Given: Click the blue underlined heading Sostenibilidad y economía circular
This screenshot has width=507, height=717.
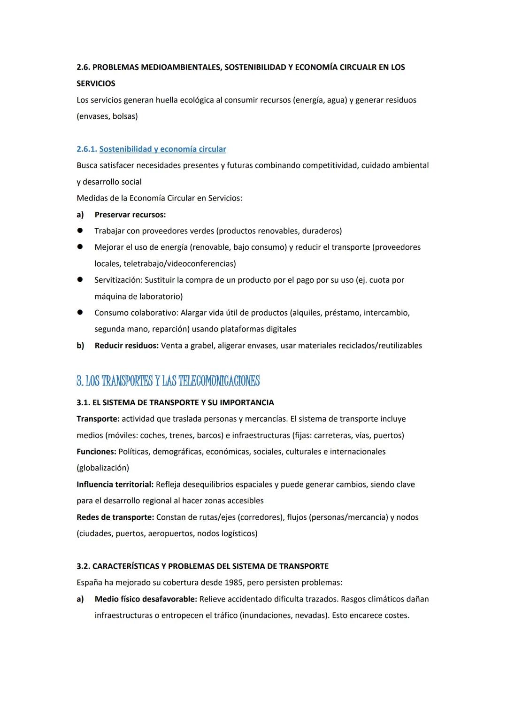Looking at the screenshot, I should pyautogui.click(x=162, y=149).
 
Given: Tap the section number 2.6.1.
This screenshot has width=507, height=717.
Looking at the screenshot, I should pyautogui.click(x=87, y=149).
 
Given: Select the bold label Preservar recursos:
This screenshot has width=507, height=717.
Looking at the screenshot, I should pyautogui.click(x=130, y=215).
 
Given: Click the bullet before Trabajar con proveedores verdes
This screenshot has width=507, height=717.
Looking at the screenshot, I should pyautogui.click(x=80, y=231).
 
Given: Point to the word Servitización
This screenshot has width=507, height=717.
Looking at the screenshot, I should pyautogui.click(x=118, y=280).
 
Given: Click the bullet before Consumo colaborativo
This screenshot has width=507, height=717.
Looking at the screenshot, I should pyautogui.click(x=80, y=312).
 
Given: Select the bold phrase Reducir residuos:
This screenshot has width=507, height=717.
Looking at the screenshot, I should pyautogui.click(x=126, y=346).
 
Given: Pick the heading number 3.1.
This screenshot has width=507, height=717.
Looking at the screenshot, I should pyautogui.click(x=84, y=402).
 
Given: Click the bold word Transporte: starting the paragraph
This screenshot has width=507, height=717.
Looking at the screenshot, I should pyautogui.click(x=98, y=419).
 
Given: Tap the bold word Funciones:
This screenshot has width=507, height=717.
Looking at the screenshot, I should pyautogui.click(x=96, y=451).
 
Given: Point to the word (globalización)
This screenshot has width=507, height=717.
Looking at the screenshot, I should pyautogui.click(x=102, y=468).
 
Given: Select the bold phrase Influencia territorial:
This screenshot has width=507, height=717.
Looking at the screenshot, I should pyautogui.click(x=115, y=484).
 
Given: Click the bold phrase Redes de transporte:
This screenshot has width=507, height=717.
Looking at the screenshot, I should pyautogui.click(x=115, y=517).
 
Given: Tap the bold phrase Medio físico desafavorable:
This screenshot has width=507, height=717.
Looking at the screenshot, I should pyautogui.click(x=146, y=599).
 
